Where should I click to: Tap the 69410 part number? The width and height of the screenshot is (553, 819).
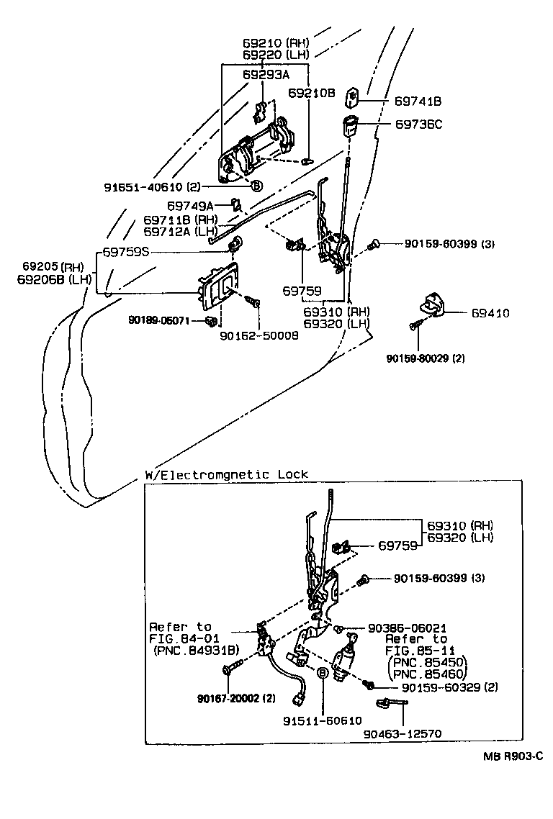[490, 313]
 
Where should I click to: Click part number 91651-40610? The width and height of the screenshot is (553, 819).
[143, 187]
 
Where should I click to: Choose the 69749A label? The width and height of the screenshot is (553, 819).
[190, 206]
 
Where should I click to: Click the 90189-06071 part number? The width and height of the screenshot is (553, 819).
[159, 320]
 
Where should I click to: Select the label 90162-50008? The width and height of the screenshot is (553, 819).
[259, 336]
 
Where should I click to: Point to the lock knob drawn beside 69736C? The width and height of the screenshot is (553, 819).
[350, 126]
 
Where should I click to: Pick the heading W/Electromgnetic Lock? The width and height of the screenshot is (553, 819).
[226, 474]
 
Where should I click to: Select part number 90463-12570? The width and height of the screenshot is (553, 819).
[402, 733]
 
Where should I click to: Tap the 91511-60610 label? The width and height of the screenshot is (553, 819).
[323, 721]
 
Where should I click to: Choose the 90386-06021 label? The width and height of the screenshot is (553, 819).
[407, 628]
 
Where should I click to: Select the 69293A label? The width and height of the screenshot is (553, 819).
[266, 75]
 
